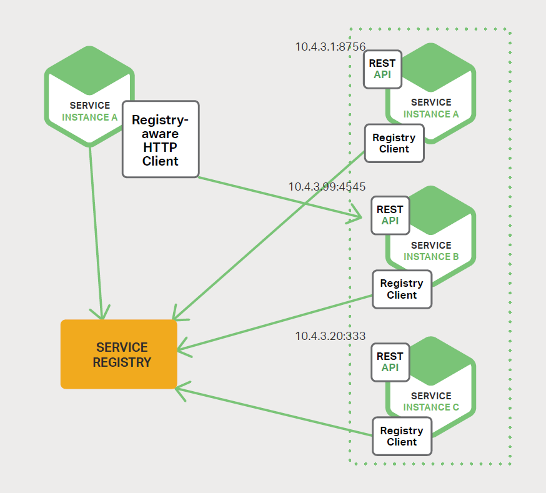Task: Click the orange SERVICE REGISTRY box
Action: point(119,354)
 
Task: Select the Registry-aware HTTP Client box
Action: point(161,139)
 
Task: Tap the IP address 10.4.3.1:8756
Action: point(330,46)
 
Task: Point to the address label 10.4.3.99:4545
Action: point(327,187)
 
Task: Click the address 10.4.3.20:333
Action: point(330,336)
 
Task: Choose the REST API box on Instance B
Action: point(390,216)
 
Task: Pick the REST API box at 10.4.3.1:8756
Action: point(382,69)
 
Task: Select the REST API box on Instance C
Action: point(390,362)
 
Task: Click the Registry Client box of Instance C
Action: point(402,436)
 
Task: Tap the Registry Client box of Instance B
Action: point(402,289)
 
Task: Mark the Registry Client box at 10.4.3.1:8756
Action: point(394,143)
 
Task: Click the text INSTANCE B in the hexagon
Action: point(431,257)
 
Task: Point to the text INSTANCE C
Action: point(431,407)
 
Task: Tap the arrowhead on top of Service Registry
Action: point(99,313)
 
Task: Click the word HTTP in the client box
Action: point(161,147)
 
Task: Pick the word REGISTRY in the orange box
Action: point(122,362)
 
